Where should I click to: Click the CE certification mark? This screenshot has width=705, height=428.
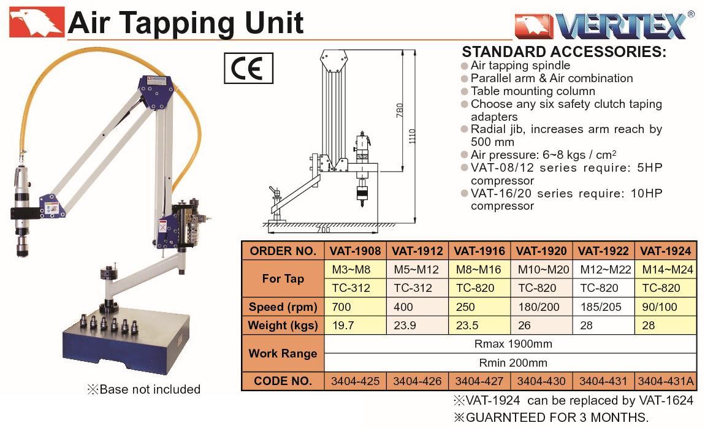pos(248,68)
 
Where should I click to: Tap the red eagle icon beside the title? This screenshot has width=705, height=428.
pos(36,22)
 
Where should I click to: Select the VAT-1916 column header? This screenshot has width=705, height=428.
pos(479,251)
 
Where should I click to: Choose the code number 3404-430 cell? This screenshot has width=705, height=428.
pos(541,381)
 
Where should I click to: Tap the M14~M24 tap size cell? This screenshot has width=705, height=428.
pos(665,269)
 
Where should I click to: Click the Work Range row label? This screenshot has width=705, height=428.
pos(283,353)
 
